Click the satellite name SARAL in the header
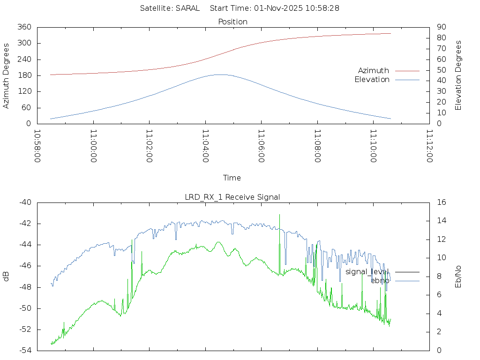(187, 8)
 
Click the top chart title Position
(233, 22)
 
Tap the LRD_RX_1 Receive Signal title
(232, 197)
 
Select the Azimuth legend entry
(374, 70)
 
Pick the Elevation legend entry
(372, 80)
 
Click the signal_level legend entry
(367, 271)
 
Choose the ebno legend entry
(380, 280)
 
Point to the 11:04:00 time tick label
(205, 147)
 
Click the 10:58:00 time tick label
(37, 147)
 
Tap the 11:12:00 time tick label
(429, 147)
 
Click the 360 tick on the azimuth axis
(24, 27)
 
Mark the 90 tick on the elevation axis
(440, 27)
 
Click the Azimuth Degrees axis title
(7, 75)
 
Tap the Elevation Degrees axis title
(458, 75)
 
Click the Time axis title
(232, 178)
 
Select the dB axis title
(7, 276)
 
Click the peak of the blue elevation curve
(219, 75)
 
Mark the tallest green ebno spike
(280, 215)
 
